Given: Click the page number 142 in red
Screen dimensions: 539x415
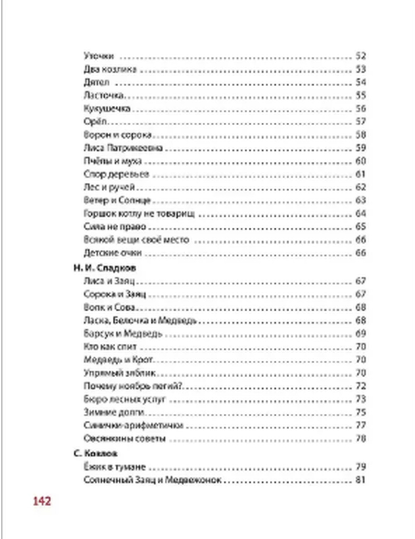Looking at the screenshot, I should tap(42, 501).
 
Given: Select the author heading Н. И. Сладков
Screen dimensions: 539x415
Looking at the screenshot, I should tap(105, 267).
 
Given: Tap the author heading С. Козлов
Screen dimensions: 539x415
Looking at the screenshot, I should tap(95, 453).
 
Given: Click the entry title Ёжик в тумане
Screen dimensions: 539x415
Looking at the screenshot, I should tap(115, 467).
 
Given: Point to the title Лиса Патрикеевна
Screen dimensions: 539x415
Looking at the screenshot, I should tap(123, 148).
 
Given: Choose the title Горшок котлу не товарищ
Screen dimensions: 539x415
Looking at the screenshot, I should tap(139, 214).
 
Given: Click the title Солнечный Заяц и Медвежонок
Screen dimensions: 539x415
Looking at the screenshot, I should tap(152, 480).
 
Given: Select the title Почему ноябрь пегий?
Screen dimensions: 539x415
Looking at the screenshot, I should tap(133, 386).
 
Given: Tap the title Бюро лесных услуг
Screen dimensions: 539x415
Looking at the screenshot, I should tap(124, 399).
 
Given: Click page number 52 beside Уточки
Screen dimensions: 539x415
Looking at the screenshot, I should tap(361, 56).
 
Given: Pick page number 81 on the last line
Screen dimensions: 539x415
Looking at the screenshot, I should tap(360, 480).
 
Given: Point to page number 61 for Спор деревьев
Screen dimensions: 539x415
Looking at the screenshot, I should tap(361, 174).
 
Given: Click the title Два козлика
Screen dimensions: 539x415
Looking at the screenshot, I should tap(110, 69).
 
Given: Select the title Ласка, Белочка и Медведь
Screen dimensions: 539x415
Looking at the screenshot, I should tap(140, 320).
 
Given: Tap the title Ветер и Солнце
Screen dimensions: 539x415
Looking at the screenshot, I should tap(117, 200).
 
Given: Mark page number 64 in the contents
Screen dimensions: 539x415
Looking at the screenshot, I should tap(361, 214).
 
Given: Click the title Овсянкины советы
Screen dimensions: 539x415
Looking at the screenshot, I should tap(124, 438).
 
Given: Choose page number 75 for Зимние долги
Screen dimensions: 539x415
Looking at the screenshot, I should tap(361, 412).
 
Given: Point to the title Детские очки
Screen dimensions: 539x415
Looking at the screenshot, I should tap(112, 253).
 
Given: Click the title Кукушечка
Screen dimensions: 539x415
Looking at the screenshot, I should tap(107, 109).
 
